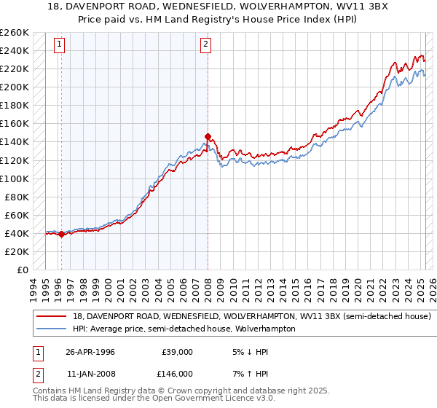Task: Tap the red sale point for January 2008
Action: pos(208,136)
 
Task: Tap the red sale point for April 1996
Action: pos(61,234)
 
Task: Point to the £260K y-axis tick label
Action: pos(15,33)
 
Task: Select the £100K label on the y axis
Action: pos(15,178)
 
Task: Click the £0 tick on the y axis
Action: pos(23,270)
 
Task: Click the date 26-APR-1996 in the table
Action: pos(90,351)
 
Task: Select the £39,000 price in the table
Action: pos(177,351)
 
